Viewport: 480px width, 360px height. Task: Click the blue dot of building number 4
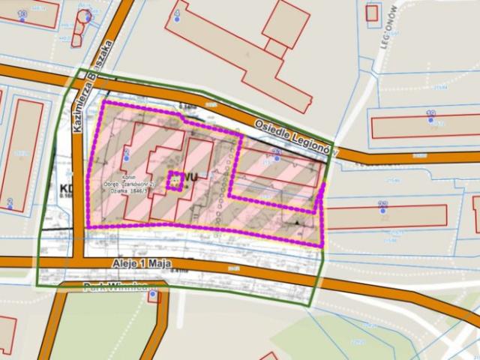pos(177,18)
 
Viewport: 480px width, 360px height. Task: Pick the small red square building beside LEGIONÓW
pos(372,12)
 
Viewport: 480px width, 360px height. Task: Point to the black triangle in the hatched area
pos(298,223)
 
